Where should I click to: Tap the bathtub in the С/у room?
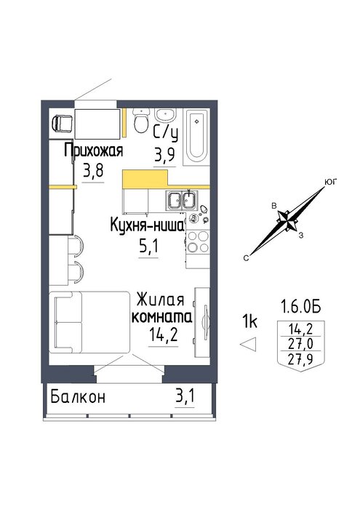point(196,137)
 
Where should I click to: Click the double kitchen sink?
point(182,200)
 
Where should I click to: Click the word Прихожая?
point(94,151)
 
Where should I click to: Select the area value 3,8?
point(93,170)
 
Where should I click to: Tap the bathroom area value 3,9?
point(164,154)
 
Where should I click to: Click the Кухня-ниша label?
point(147,225)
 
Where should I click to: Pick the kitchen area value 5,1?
point(148,246)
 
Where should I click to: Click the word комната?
point(161,316)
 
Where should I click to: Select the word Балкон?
point(78,397)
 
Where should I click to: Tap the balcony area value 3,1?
point(185,396)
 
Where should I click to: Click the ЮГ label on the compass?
point(331,182)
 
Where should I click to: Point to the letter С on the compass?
point(247,258)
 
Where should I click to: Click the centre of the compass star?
point(287,220)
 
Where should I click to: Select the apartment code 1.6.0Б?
point(300,306)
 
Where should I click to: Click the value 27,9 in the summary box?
point(300,358)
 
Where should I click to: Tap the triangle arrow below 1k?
point(248,344)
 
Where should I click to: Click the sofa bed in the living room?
point(89,321)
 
